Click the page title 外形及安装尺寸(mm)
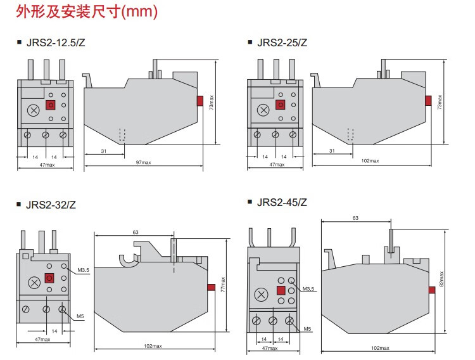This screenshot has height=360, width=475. point(82,12)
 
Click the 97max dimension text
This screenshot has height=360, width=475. point(144,163)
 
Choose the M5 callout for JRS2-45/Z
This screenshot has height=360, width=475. point(307,328)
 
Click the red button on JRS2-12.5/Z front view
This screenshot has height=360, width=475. point(49,106)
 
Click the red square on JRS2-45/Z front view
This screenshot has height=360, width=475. point(279,291)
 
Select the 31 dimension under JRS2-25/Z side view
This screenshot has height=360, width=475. point(331,150)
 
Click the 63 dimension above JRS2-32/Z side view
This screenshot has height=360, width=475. point(136,232)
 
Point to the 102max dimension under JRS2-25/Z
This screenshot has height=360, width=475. point(370,161)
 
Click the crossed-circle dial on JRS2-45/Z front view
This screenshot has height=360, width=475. point(260,295)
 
